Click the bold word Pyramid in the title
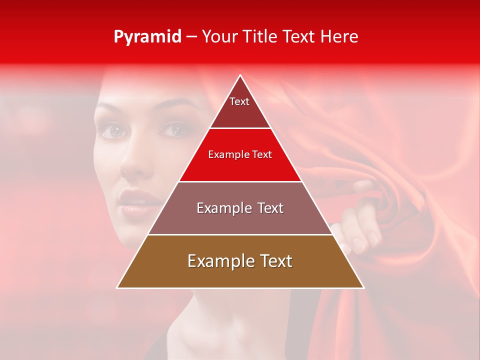(147, 37)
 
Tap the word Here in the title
(340, 37)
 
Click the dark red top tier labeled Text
(239, 107)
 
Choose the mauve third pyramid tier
(240, 215)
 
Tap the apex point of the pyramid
(240, 75)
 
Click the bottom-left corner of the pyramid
(117, 287)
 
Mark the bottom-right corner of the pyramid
(363, 287)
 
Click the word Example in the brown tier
(219, 261)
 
